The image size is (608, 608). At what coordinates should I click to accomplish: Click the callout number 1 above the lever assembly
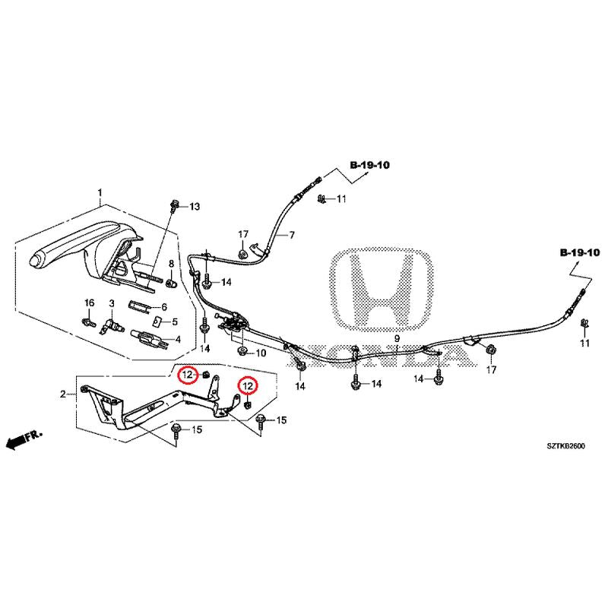coord(100,193)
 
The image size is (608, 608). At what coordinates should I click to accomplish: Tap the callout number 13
coord(195,207)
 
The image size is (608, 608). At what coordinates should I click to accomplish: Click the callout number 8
coord(172,264)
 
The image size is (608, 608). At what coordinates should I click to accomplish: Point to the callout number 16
coord(90,302)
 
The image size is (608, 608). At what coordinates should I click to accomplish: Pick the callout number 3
coord(112,302)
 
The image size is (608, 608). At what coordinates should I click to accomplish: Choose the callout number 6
coord(164,307)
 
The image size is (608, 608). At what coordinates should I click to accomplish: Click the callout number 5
coord(175,321)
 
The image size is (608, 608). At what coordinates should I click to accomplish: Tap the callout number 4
coord(178,340)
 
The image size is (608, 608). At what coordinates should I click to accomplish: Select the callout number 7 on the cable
coord(292,235)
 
